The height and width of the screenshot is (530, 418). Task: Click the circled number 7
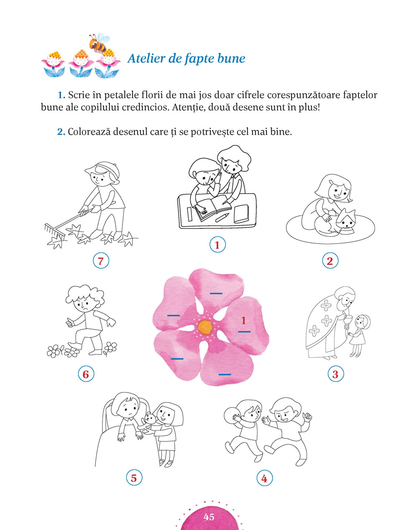101,261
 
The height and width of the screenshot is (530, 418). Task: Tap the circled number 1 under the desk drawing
217,245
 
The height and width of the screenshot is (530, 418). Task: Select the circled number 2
330,260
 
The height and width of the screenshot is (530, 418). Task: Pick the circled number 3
336,374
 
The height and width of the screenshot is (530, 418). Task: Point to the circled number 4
265,479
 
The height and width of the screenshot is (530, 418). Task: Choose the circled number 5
134,478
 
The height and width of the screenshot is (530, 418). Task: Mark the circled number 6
86,374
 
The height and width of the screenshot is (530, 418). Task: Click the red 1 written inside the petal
244,321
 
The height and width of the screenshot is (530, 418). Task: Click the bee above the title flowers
99,43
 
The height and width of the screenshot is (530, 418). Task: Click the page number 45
209,517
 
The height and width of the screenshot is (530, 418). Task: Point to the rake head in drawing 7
55,232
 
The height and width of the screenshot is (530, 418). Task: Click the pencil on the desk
221,217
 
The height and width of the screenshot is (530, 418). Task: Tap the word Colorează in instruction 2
89,132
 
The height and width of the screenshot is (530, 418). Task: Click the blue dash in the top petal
216,293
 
